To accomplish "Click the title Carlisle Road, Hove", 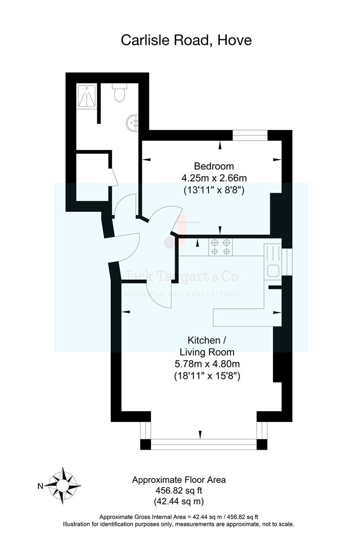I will [x=186, y=40].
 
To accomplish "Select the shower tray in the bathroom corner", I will [x=87, y=96].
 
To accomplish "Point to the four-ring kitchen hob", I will [x=221, y=247].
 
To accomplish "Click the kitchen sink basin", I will [x=272, y=271].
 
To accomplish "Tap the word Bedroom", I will [x=214, y=166].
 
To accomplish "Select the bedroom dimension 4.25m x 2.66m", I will [x=214, y=178].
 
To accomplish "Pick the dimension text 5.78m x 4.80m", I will [x=207, y=364].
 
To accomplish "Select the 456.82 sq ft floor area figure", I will [x=179, y=491].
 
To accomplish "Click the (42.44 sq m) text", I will [x=179, y=501].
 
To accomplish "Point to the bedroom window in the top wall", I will [x=250, y=135].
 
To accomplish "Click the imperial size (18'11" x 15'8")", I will [x=207, y=376].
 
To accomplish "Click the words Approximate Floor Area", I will [x=179, y=480].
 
